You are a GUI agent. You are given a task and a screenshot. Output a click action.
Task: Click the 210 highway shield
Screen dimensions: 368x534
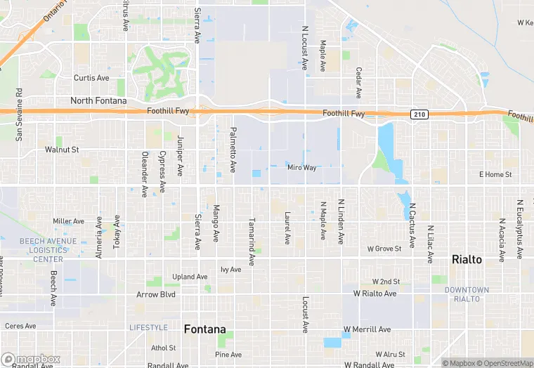click(x=419, y=114)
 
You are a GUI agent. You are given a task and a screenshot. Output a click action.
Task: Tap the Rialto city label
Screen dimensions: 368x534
click(x=467, y=260)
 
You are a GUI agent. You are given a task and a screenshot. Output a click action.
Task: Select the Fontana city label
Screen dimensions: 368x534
click(x=204, y=329)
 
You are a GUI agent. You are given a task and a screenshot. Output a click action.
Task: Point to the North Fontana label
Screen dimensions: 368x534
click(x=98, y=101)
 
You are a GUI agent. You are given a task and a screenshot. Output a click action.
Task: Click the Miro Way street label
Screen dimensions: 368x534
click(x=301, y=167)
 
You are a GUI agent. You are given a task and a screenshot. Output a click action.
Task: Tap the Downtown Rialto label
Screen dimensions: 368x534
click(x=467, y=294)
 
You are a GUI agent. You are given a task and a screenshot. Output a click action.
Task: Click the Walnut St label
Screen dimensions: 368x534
click(x=62, y=150)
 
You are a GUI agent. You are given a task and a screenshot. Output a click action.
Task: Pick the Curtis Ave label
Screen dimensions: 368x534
click(x=92, y=78)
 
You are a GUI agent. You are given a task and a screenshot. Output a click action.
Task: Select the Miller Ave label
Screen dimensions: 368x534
click(x=68, y=221)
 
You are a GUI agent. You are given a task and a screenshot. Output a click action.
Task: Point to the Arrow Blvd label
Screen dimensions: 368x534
click(x=155, y=294)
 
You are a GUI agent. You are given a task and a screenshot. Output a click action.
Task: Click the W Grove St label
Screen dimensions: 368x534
click(x=384, y=249)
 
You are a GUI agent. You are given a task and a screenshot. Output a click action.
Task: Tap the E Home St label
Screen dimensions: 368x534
click(x=495, y=174)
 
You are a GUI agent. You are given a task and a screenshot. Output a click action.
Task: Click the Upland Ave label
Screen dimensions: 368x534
click(x=190, y=277)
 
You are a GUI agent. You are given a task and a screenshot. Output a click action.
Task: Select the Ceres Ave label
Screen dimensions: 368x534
click(x=20, y=326)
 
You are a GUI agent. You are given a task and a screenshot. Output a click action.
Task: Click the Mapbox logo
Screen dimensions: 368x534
click(x=30, y=360)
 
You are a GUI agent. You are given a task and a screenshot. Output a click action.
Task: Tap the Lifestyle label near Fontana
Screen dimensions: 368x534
click(x=148, y=327)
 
